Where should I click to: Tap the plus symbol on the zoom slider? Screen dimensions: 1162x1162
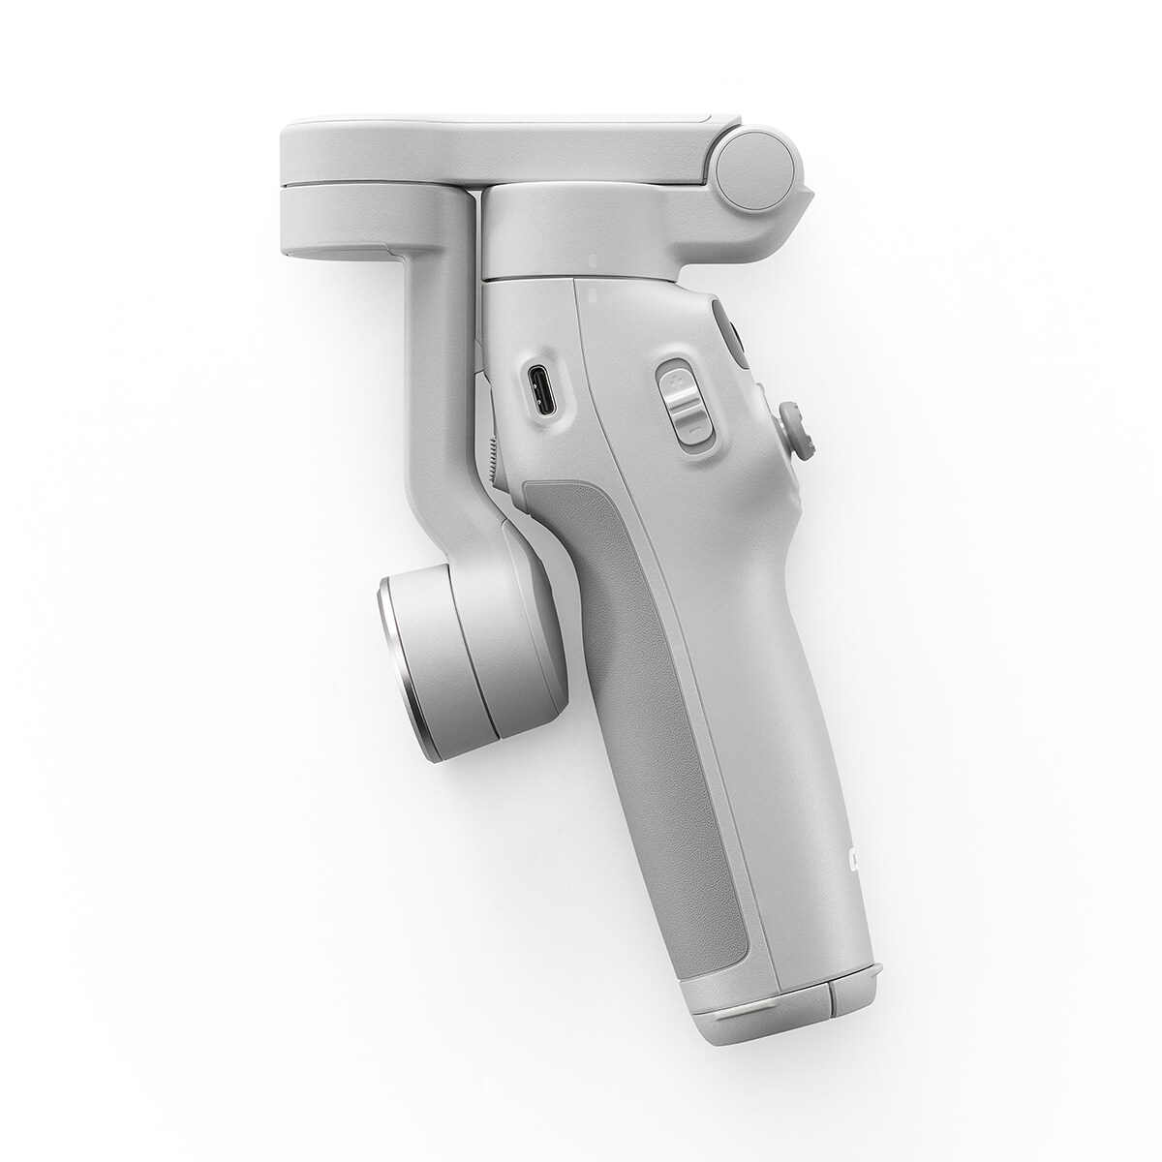674,378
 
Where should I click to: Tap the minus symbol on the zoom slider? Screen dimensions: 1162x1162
688,422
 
